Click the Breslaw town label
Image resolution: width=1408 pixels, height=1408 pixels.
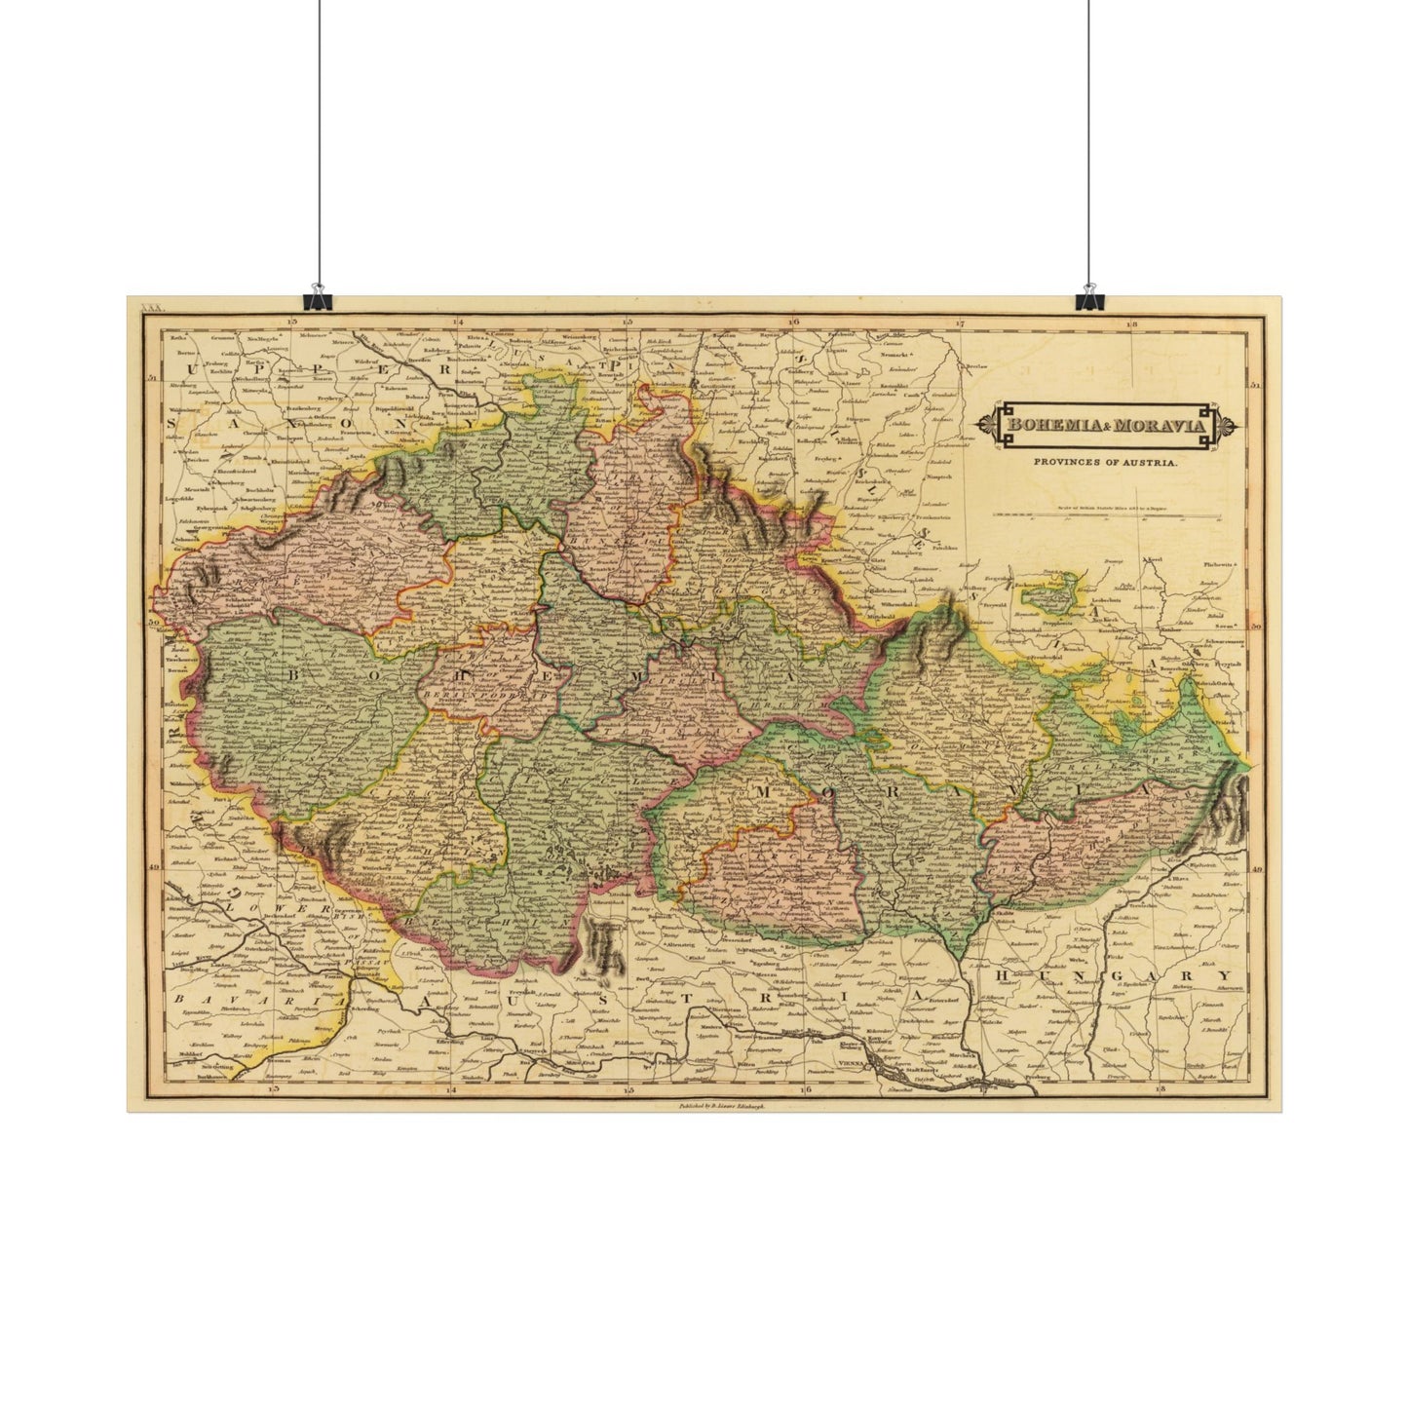point(975,366)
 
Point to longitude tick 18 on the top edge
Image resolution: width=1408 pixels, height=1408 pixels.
point(1131,323)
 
